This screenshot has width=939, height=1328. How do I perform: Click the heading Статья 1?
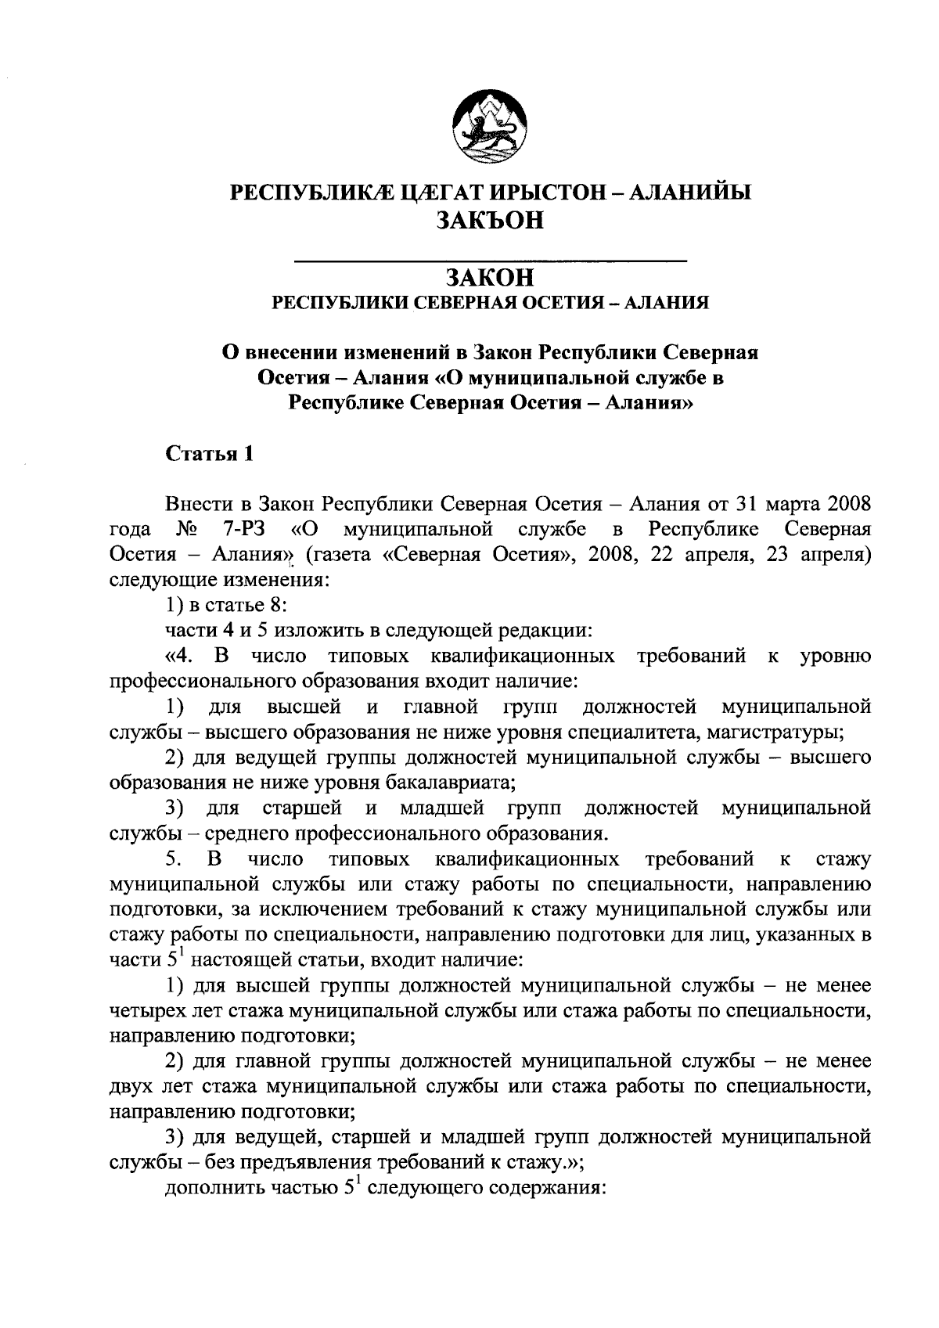pyautogui.click(x=210, y=454)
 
